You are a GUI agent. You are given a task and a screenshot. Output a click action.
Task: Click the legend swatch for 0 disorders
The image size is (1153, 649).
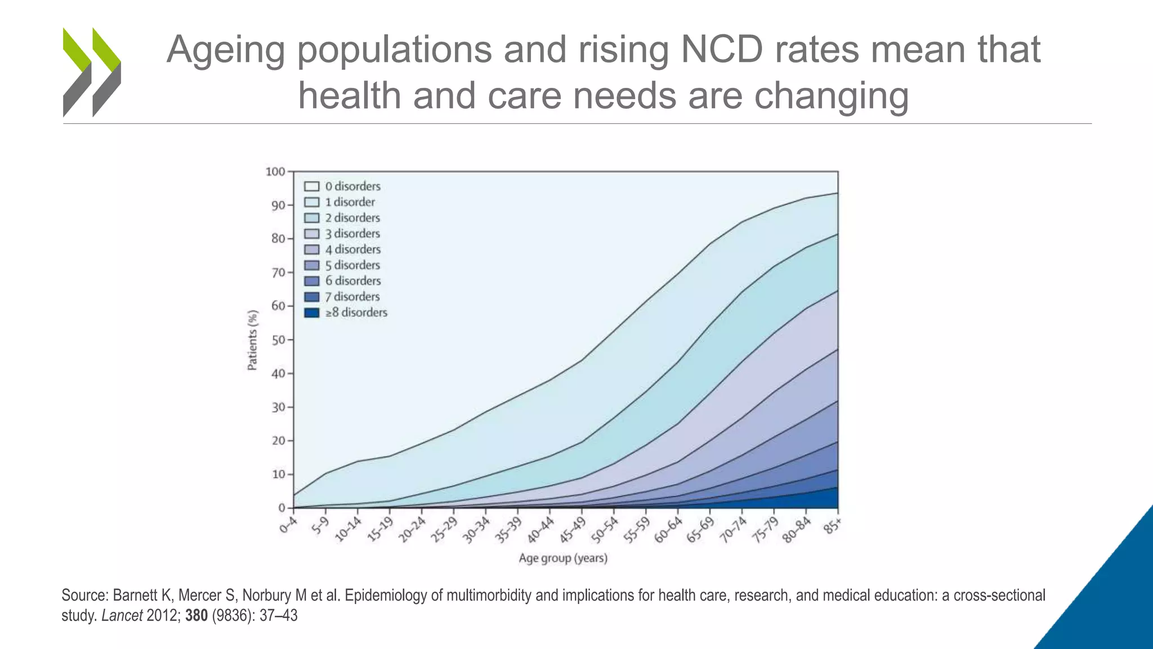point(312,186)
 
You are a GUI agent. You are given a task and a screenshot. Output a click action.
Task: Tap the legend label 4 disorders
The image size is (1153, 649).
point(352,250)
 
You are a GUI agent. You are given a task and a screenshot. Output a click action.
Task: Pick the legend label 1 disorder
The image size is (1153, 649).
point(350,202)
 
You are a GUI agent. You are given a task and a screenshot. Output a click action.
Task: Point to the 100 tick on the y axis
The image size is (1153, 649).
point(275,171)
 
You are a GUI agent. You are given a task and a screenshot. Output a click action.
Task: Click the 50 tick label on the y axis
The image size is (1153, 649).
point(278,340)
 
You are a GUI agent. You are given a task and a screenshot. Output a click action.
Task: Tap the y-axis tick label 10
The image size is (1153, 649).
point(278,474)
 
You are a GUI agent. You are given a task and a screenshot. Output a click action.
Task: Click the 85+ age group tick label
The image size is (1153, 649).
point(833,526)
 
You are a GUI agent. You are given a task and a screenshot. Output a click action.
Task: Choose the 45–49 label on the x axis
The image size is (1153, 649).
point(572,531)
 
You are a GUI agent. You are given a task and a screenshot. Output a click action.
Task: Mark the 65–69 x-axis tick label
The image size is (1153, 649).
point(700,531)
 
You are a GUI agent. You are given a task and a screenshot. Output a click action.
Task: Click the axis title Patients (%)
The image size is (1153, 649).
point(252,340)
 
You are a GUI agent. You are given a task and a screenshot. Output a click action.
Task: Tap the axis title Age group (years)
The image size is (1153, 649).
point(563,558)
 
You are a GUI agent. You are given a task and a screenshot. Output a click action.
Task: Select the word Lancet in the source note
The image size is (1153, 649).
point(122,616)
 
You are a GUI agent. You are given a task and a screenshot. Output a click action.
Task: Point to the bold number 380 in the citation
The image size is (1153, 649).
point(196,616)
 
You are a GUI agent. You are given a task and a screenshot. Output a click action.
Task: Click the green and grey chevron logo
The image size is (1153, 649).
point(92,72)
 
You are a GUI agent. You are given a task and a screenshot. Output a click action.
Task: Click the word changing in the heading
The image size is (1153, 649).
point(831,96)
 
